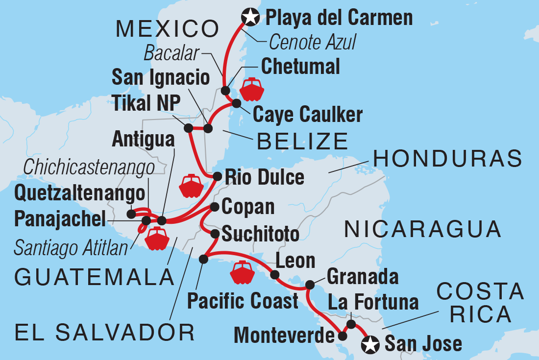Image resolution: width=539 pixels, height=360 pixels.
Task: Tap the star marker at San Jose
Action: (x=370, y=345)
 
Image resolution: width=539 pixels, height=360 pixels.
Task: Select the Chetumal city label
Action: (x=300, y=67)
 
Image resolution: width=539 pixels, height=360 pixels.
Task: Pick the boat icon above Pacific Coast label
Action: (x=243, y=272)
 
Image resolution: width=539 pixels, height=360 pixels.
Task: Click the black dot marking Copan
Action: (x=215, y=207)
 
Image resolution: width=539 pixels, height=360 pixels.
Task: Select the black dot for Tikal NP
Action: (x=188, y=128)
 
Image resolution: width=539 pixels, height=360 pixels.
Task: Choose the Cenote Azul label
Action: (x=312, y=43)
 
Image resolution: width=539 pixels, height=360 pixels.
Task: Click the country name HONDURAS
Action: (x=446, y=159)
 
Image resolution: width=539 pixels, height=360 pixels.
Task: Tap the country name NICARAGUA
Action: (x=422, y=229)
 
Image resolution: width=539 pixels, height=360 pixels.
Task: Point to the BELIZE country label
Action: (x=302, y=142)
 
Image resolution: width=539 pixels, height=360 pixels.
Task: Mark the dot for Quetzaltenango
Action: (x=131, y=214)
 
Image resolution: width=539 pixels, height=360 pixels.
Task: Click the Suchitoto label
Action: (x=260, y=234)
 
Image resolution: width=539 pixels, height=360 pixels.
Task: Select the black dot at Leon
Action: (x=275, y=275)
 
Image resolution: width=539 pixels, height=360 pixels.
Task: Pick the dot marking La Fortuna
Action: (x=351, y=324)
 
